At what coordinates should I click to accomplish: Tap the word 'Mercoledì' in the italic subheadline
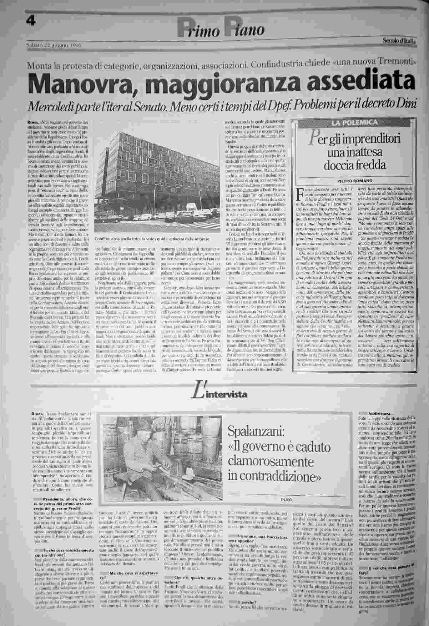coord(56,106)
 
